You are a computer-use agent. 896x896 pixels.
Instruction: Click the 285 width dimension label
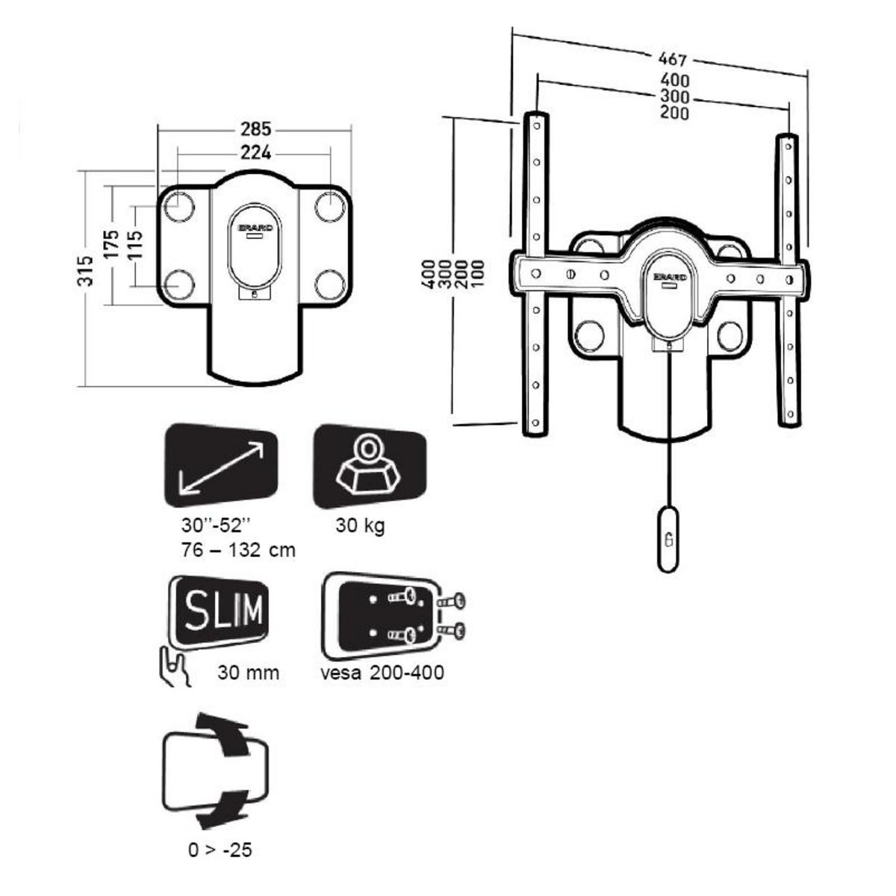pyautogui.click(x=255, y=129)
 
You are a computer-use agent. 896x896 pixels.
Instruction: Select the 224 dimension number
pyautogui.click(x=255, y=153)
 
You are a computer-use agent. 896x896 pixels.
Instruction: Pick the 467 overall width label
pyautogui.click(x=673, y=59)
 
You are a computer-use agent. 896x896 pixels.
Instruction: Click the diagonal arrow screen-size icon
pyautogui.click(x=220, y=467)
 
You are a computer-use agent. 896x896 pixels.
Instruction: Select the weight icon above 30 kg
pyautogui.click(x=369, y=467)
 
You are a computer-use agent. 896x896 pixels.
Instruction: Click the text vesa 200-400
pyautogui.click(x=382, y=672)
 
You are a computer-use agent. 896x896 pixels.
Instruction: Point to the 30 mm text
pyautogui.click(x=249, y=672)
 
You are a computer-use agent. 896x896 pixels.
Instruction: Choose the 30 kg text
pyautogui.click(x=361, y=525)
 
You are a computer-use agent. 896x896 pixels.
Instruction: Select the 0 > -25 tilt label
pyautogui.click(x=220, y=850)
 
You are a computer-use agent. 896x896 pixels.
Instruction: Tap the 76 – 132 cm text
pyautogui.click(x=238, y=550)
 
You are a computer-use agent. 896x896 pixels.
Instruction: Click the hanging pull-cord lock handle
pyautogui.click(x=670, y=538)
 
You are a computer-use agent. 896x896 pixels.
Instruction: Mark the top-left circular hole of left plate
pyautogui.click(x=178, y=207)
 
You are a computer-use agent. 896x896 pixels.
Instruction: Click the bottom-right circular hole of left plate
pyautogui.click(x=329, y=284)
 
